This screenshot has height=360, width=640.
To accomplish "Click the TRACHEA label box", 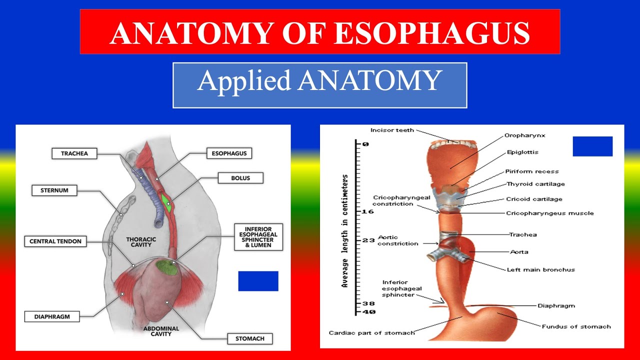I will (74, 153).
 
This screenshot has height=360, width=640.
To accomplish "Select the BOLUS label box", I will (240, 178).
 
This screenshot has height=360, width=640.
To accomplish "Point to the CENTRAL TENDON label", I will (55, 241).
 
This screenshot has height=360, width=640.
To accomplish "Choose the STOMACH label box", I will (249, 338).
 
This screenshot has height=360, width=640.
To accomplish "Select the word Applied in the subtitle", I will (243, 81).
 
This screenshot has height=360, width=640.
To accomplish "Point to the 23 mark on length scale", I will (368, 240).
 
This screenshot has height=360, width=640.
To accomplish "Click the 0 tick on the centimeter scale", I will (365, 144).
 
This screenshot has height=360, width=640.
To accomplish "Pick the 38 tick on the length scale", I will (368, 303).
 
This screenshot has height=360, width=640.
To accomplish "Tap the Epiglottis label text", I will (522, 152).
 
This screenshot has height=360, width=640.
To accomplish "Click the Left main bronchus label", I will (540, 269).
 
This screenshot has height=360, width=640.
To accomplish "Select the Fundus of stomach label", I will (576, 326).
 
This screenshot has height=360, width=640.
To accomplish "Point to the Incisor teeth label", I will (392, 130).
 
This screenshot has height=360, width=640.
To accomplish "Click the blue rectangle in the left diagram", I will (258, 281).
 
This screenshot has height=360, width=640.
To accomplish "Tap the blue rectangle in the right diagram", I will (592, 146).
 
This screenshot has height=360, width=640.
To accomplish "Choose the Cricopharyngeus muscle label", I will (549, 213).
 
